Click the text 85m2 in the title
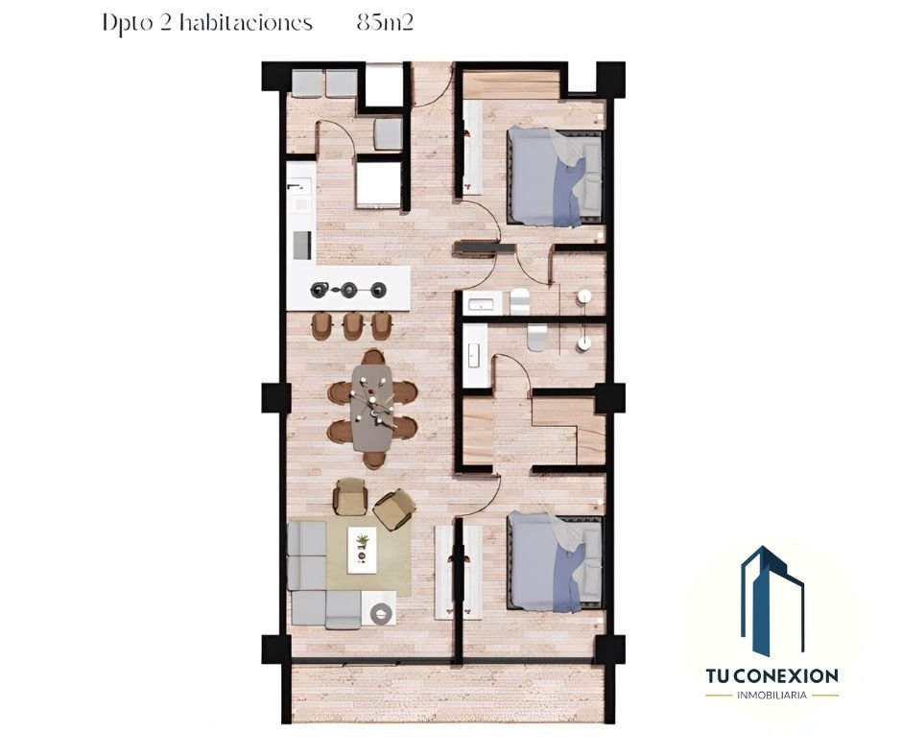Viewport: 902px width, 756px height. [385, 23]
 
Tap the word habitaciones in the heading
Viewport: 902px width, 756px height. [246, 23]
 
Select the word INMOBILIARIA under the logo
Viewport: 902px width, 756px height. [772, 695]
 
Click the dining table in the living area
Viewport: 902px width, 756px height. [372, 409]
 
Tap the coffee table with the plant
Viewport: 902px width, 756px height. [363, 551]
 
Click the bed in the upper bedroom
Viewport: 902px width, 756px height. [555, 177]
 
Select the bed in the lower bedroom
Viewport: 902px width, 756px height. [555, 561]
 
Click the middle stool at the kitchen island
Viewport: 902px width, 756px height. [351, 325]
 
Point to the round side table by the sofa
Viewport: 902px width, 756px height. [380, 614]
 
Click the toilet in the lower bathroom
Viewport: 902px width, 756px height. [537, 337]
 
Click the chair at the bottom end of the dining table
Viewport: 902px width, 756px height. [374, 460]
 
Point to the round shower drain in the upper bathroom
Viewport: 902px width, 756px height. [584, 296]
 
